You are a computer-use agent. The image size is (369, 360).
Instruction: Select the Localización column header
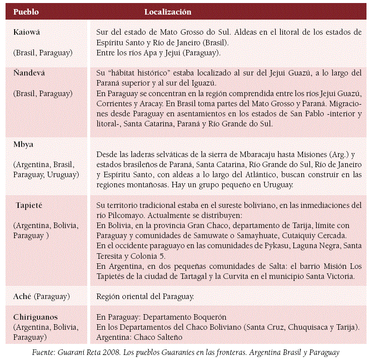[x=168, y=11]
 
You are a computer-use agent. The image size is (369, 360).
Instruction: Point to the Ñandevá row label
[x=29, y=73]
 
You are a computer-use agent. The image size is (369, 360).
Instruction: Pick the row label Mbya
[x=23, y=143]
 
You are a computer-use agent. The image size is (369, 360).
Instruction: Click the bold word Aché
[x=23, y=296]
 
